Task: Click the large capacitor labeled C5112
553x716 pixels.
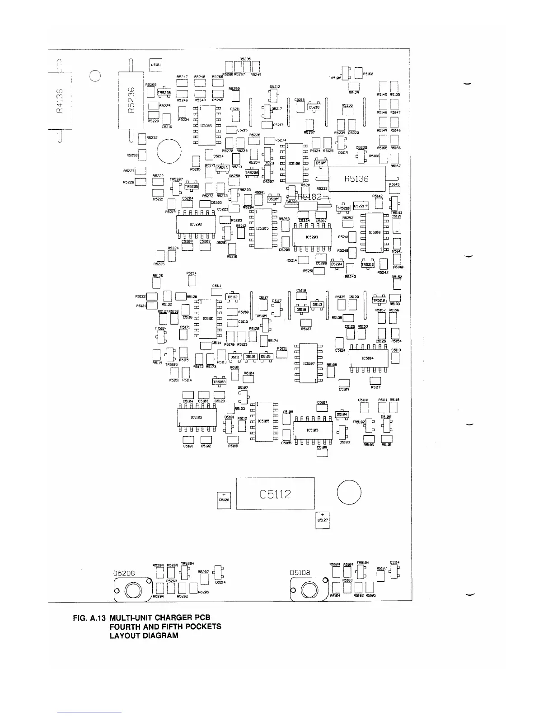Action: (276, 493)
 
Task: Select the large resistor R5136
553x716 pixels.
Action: (356, 179)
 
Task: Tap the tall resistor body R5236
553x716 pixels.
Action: (131, 100)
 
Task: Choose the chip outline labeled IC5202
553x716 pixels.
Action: (195, 224)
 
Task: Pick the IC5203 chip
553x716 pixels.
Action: (312, 237)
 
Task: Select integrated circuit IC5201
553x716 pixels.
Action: (206, 125)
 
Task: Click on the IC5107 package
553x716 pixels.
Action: (309, 363)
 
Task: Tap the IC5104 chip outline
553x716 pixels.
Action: (368, 358)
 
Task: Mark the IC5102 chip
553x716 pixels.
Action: (197, 417)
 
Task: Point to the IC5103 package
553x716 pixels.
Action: (313, 430)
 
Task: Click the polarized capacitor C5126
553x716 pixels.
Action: (224, 500)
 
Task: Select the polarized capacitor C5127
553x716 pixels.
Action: (323, 520)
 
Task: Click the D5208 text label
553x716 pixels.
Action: (124, 573)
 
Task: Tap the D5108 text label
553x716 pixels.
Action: (300, 573)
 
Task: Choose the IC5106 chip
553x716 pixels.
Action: (294, 164)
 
